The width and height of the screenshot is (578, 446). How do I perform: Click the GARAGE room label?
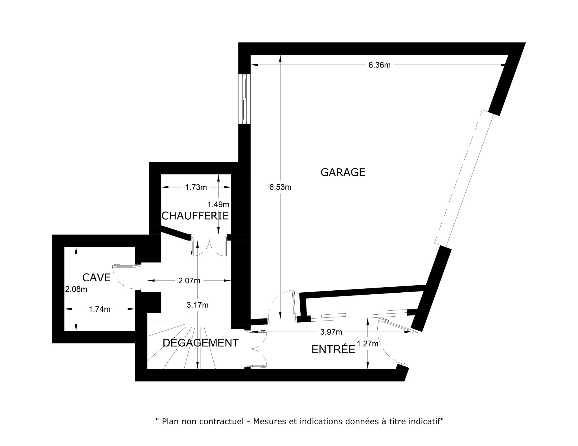click(343, 172)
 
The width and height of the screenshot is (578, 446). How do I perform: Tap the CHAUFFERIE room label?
click(195, 216)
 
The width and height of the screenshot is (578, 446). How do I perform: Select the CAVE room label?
click(96, 278)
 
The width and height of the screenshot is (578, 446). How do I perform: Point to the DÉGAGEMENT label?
click(201, 343)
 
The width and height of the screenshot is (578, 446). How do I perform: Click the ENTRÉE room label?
click(333, 349)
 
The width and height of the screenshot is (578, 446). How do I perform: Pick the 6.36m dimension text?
click(380, 65)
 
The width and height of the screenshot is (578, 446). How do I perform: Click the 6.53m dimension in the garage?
click(280, 187)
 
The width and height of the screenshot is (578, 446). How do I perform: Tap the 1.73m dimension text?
click(196, 187)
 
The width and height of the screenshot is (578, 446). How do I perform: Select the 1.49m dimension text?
click(218, 204)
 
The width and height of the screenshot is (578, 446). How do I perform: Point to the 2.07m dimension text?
click(189, 281)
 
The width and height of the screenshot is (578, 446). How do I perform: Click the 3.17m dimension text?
click(198, 305)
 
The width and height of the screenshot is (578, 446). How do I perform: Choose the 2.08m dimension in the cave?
click(76, 289)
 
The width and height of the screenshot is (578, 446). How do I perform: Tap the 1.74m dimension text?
click(100, 309)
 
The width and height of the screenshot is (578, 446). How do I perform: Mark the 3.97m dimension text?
click(331, 332)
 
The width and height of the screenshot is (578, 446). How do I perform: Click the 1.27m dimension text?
click(368, 344)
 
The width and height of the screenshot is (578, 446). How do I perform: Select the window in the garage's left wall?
click(244, 99)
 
